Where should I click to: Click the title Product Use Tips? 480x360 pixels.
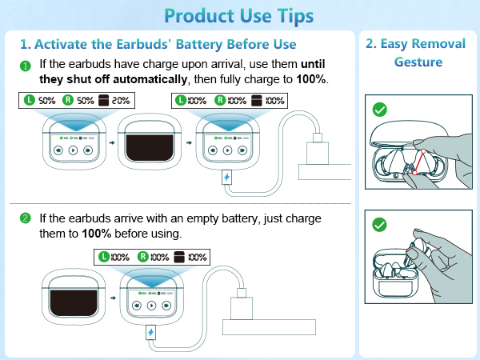pyautogui.click(x=240, y=15)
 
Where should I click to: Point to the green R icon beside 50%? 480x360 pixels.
pyautogui.click(x=70, y=101)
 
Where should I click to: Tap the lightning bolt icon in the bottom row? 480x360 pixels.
pyautogui.click(x=151, y=330)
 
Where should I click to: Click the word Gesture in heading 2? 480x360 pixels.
pyautogui.click(x=416, y=61)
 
